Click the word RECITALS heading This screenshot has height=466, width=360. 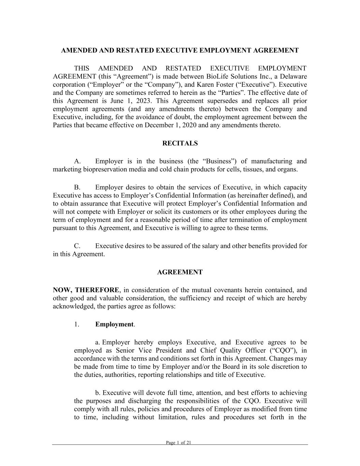180,143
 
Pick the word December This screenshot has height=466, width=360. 158,125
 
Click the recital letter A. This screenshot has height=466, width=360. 77,161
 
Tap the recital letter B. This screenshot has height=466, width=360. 77,187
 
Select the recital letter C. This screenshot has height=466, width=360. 77,246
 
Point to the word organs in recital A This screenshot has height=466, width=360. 287,170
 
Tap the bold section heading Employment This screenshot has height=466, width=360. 114,324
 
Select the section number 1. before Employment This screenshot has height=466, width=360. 76,324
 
